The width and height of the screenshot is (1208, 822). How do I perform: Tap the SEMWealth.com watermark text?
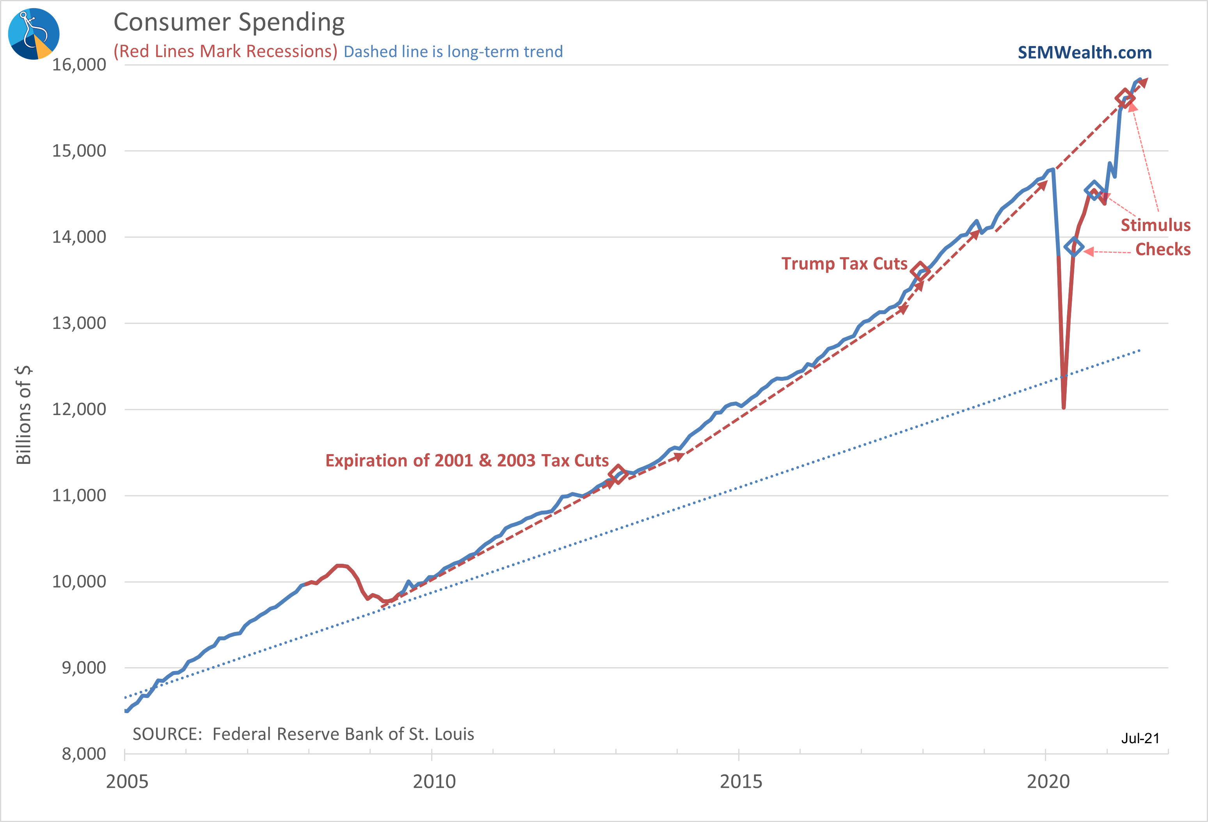[x=1084, y=53]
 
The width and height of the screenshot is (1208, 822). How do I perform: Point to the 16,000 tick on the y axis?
[x=79, y=65]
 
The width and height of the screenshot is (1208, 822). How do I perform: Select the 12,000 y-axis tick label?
[x=79, y=410]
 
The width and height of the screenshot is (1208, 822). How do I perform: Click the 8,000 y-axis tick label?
[x=83, y=754]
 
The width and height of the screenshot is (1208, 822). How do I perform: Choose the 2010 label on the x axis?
[x=434, y=781]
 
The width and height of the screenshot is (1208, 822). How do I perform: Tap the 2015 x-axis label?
[x=741, y=781]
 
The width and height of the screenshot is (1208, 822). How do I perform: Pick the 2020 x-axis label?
[x=1048, y=781]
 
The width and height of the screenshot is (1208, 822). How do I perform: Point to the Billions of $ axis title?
[x=24, y=415]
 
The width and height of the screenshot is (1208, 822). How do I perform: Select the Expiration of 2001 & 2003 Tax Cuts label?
[x=467, y=461]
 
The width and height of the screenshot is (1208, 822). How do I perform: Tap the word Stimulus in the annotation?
[x=1155, y=225]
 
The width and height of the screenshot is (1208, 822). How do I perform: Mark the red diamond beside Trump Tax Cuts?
[x=920, y=271]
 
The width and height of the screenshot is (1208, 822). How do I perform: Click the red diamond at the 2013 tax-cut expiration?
[x=618, y=474]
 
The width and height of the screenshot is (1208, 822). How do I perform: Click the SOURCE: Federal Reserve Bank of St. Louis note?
[x=303, y=734]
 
